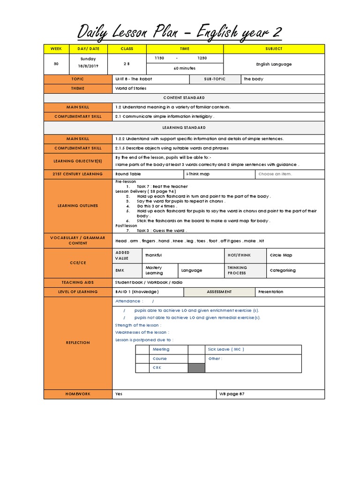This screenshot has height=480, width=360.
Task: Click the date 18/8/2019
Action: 88,67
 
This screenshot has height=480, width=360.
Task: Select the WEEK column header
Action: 56,49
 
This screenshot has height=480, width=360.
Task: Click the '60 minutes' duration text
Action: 185,68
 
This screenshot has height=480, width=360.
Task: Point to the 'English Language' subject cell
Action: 274,64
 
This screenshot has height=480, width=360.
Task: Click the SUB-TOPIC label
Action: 215,79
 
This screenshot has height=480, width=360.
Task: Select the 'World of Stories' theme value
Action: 131,88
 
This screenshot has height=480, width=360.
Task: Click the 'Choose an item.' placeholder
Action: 275,174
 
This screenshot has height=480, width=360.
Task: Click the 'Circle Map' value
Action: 281,255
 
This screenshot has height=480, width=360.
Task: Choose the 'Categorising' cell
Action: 283,270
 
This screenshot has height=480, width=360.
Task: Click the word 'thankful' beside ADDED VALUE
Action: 154,255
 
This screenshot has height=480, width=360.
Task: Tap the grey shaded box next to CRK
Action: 196,368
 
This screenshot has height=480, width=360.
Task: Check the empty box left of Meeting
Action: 142,350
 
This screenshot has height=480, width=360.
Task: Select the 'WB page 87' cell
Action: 232,394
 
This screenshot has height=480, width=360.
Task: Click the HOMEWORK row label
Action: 78,394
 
